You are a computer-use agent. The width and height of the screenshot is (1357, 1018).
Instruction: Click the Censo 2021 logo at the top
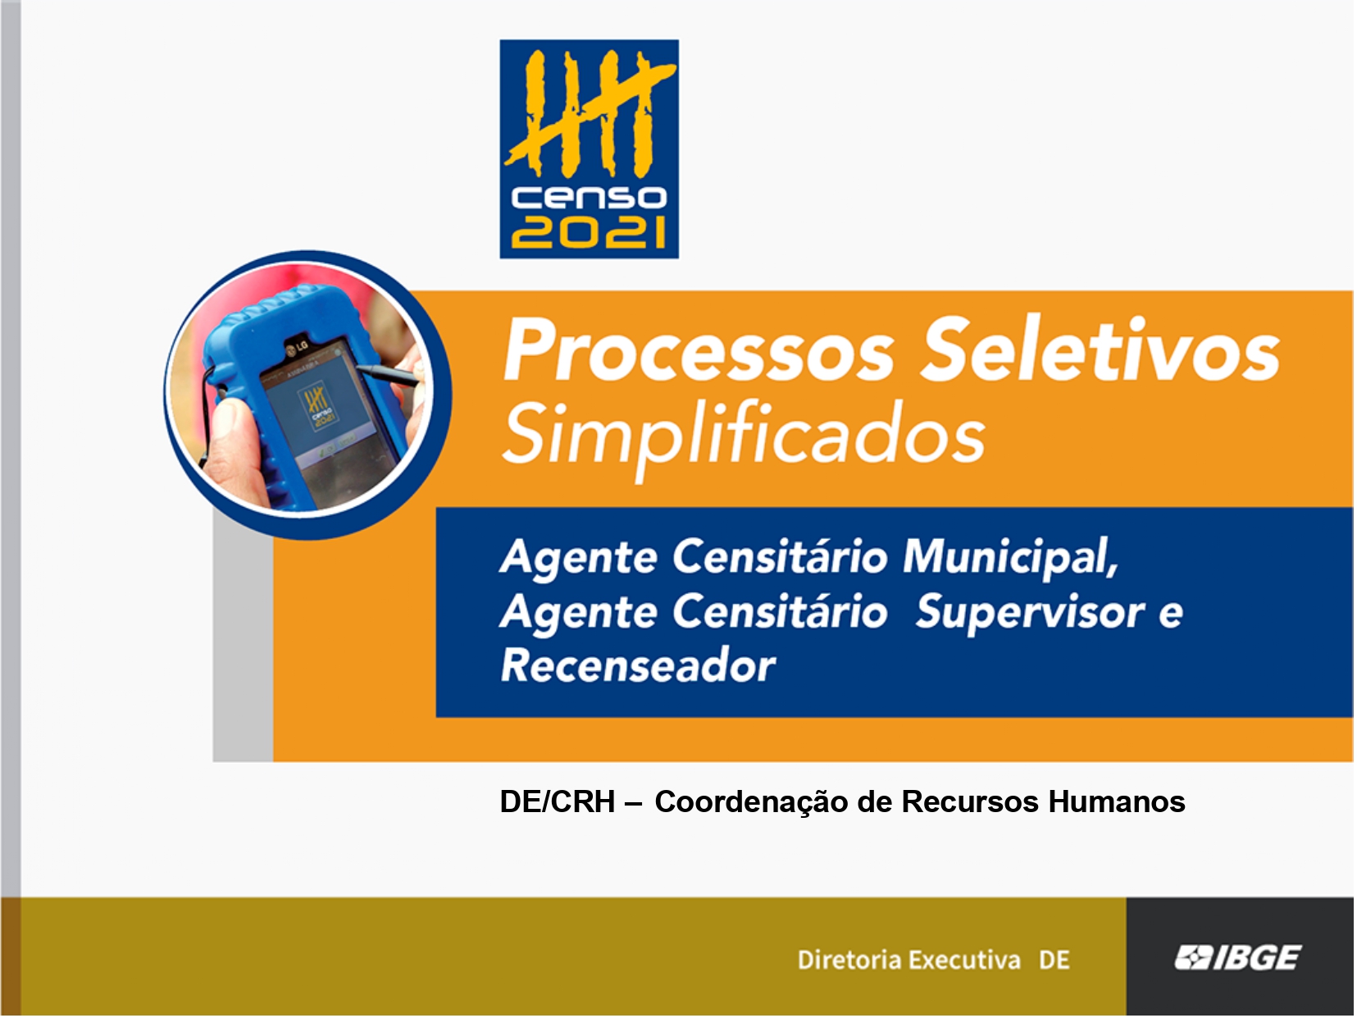[590, 149]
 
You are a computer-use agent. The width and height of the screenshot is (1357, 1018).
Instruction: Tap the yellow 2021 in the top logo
[590, 232]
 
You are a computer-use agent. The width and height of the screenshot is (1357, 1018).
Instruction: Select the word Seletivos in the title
[1100, 349]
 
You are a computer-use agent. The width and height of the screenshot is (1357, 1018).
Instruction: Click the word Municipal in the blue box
[1010, 559]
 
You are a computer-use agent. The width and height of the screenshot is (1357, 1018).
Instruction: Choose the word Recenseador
[638, 666]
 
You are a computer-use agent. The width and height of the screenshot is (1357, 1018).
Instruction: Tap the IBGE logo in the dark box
[1238, 958]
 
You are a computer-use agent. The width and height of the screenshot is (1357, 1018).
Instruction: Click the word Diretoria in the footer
[849, 960]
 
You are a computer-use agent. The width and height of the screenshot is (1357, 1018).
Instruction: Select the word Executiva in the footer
[964, 960]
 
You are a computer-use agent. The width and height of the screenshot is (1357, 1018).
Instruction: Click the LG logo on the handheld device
[297, 348]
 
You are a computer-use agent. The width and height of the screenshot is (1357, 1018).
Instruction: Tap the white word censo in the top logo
[590, 198]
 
